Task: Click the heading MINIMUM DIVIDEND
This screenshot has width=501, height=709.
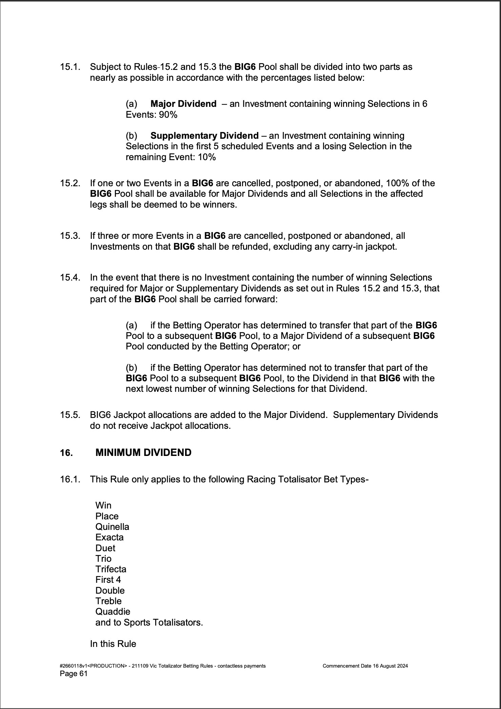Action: tap(143, 453)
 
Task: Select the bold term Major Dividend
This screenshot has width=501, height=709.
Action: tap(183, 104)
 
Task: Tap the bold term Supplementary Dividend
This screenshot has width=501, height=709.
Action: tap(204, 136)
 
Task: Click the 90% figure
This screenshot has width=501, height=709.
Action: tap(168, 115)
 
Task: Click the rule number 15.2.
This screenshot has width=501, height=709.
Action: tap(70, 183)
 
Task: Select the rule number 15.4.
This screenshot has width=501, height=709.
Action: tap(70, 277)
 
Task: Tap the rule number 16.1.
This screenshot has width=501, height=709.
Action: tap(70, 479)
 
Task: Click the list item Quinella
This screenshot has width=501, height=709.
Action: tap(112, 527)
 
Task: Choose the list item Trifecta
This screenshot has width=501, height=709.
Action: tap(111, 569)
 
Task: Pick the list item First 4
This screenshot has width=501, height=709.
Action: tap(108, 580)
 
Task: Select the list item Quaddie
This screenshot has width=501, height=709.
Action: tap(113, 612)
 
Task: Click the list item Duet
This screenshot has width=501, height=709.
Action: tap(105, 548)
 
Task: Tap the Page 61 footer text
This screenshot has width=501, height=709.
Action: tap(74, 674)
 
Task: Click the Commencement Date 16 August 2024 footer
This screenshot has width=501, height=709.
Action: tap(365, 666)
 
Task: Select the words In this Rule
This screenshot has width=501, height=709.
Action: tap(113, 644)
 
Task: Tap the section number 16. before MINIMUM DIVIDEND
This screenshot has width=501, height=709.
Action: tap(66, 453)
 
